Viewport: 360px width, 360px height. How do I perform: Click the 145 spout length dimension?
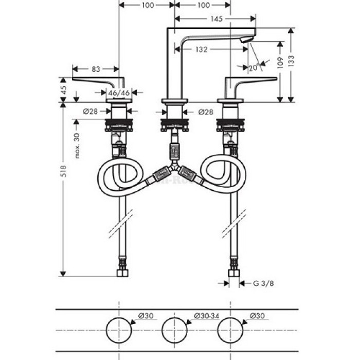[x=216, y=19]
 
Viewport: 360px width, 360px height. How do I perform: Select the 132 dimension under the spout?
[x=202, y=49]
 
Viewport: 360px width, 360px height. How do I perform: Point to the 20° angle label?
[x=253, y=67]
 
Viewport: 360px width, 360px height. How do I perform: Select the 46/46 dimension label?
[x=119, y=93]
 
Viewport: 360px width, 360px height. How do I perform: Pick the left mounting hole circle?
[x=119, y=329]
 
